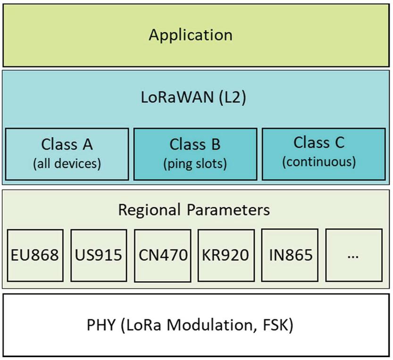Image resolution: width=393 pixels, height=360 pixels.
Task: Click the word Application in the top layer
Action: (191, 34)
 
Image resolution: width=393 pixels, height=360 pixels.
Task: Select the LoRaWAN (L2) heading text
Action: (194, 99)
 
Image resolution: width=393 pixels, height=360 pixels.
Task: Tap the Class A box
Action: (67, 153)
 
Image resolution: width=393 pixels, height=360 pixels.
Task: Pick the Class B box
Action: (195, 153)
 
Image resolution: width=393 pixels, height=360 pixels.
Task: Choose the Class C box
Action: (319, 153)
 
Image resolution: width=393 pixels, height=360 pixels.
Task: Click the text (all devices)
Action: (67, 163)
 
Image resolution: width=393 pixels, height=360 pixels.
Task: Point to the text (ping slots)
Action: (195, 163)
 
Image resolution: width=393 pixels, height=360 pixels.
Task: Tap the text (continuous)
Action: (319, 162)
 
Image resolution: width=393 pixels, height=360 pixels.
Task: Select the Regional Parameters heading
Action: (194, 209)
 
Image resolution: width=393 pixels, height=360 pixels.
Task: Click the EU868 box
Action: (35, 255)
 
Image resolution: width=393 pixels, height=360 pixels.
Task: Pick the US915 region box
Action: (99, 255)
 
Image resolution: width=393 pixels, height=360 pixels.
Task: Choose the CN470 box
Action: (163, 255)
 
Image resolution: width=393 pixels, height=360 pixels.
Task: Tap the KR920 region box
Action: (226, 255)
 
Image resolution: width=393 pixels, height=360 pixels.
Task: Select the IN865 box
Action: (290, 255)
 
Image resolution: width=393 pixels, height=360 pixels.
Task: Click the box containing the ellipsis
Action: (353, 255)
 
